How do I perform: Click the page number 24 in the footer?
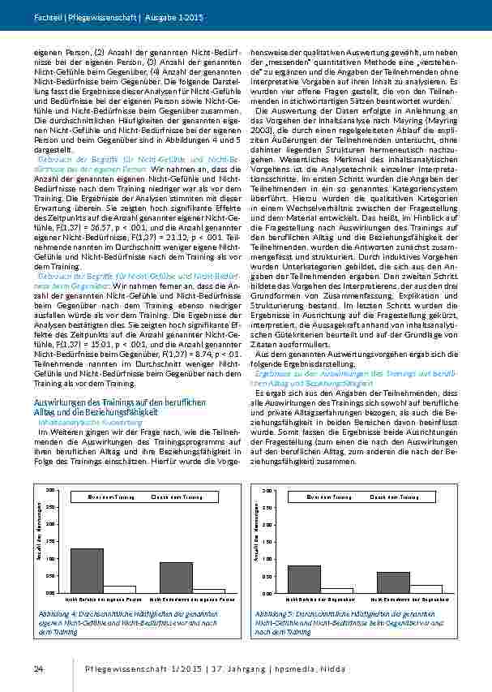coord(38,667)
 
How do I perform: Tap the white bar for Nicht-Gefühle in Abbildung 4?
coord(120,589)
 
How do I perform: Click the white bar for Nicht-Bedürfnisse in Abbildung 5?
coord(426,589)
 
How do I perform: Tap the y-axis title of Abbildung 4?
coord(38,541)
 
